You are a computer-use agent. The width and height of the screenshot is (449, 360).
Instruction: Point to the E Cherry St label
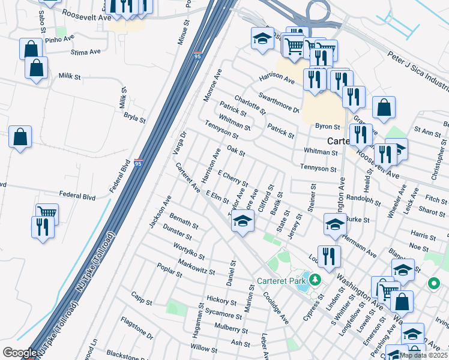pos(233,177)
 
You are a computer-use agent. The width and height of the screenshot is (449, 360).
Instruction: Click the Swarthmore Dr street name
pos(279,102)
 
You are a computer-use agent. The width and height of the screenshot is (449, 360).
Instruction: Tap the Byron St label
pos(328,127)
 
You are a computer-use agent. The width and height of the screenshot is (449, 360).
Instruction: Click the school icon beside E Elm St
pos(242,221)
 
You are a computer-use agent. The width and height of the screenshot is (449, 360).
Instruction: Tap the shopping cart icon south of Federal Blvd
pos(47,212)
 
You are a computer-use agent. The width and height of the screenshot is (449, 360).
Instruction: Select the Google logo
pos(20,353)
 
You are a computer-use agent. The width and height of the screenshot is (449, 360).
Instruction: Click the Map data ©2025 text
pos(423,355)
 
